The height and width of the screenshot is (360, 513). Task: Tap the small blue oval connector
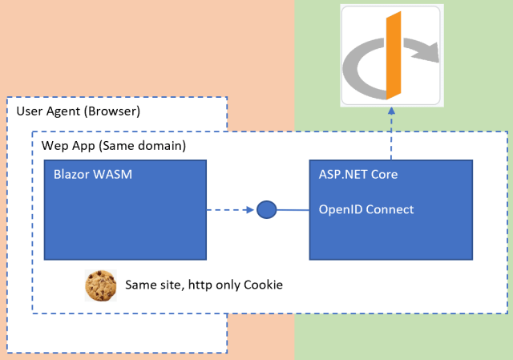[267, 210]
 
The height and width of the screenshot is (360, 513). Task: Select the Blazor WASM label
[86, 172]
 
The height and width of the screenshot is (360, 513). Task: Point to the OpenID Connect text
[366, 210]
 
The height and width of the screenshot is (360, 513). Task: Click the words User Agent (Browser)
[78, 109]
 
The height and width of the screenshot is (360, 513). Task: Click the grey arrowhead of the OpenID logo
[430, 54]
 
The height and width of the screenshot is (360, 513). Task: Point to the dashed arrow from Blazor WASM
[231, 211]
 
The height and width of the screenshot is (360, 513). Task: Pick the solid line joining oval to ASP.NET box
[293, 211]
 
